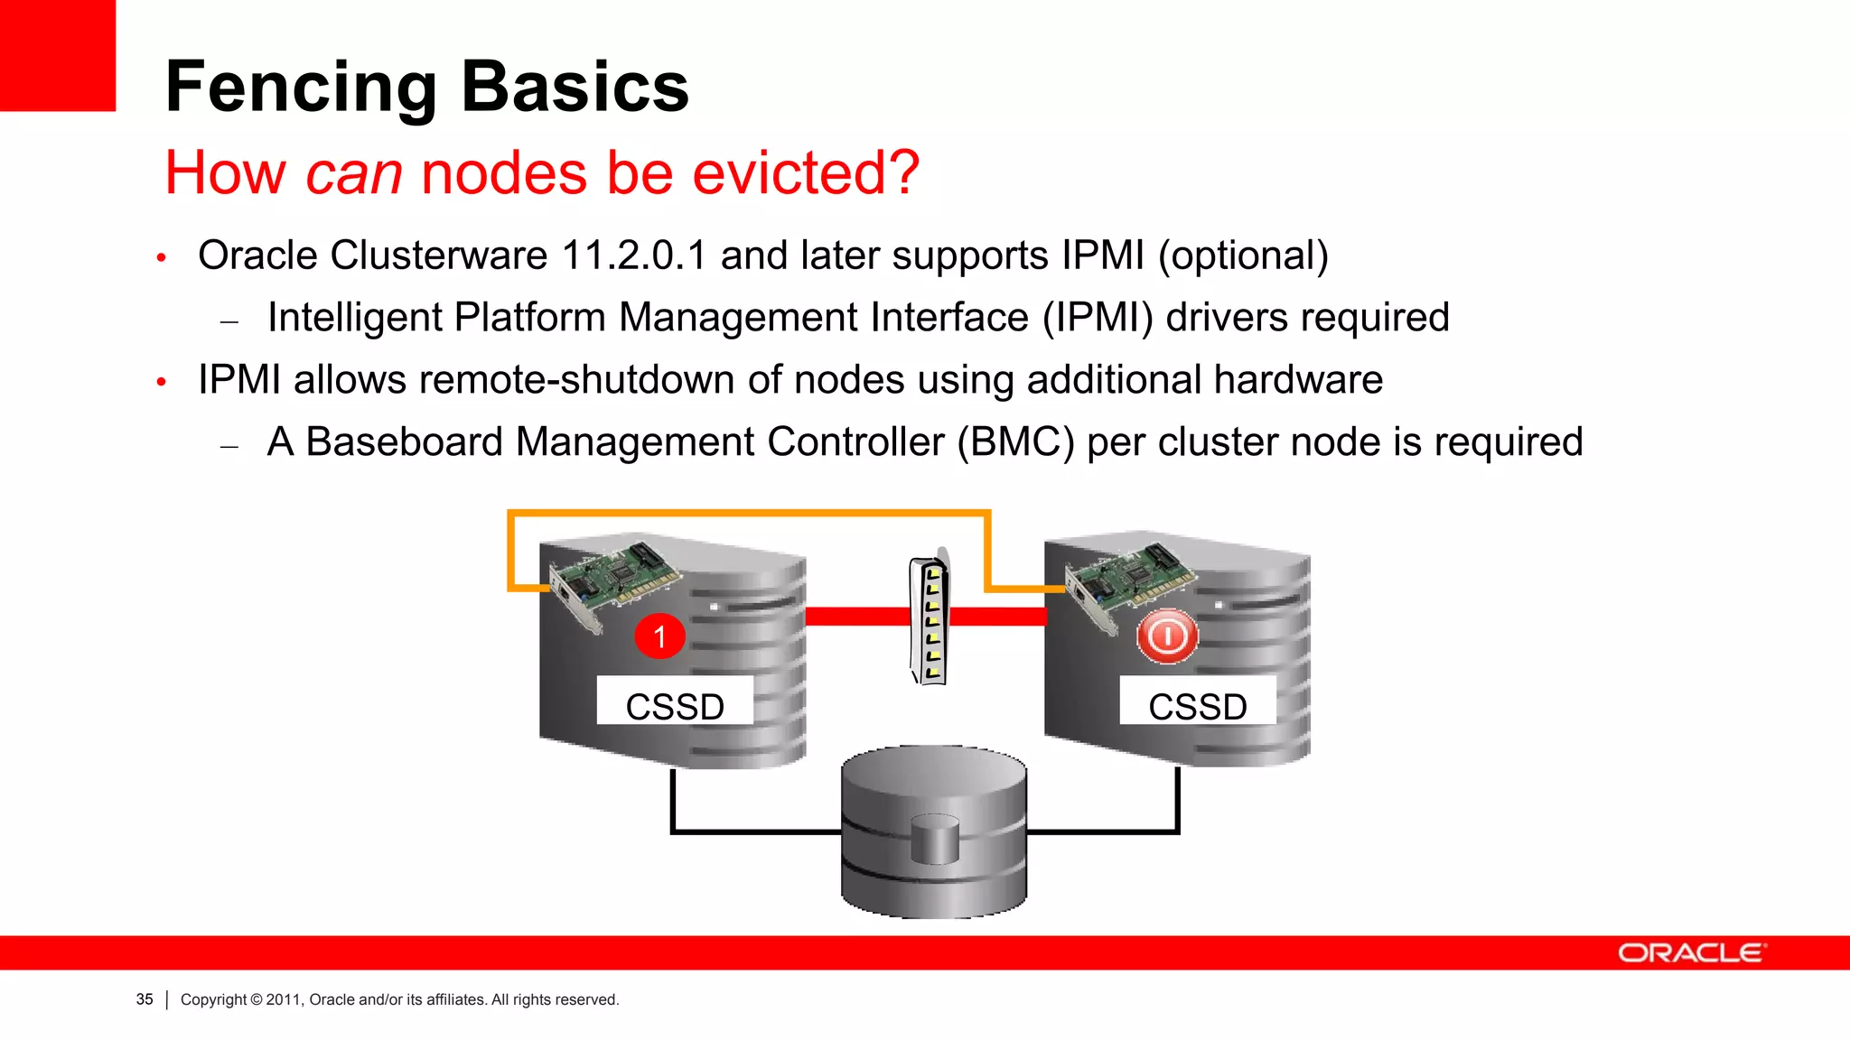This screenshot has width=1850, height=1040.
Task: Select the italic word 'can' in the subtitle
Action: click(353, 173)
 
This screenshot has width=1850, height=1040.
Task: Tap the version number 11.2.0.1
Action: click(633, 255)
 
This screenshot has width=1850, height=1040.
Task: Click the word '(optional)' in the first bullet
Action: click(1243, 256)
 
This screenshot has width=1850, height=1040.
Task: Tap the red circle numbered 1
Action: click(659, 636)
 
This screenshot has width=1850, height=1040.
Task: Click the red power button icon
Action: click(1167, 636)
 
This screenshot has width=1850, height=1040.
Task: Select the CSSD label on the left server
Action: click(675, 705)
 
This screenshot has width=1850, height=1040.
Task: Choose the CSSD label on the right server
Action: click(1198, 705)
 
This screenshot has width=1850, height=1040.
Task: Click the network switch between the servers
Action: click(930, 619)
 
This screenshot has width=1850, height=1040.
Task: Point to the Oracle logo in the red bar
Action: click(1690, 953)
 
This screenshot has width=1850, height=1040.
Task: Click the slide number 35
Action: click(145, 999)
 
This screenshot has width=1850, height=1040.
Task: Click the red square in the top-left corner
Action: click(57, 55)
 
